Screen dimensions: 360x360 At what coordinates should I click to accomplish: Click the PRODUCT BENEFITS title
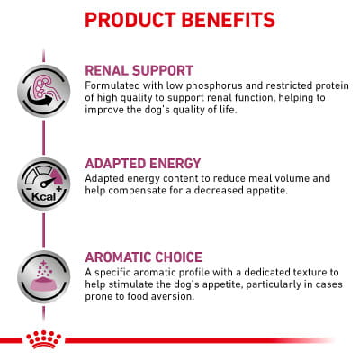tap(180, 18)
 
